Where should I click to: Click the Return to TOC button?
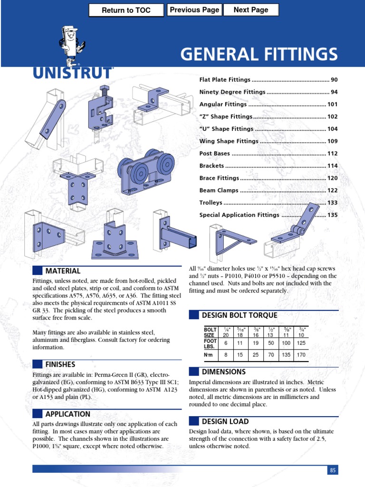tap(126, 10)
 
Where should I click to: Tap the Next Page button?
tap(251, 10)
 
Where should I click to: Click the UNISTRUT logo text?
tap(73, 73)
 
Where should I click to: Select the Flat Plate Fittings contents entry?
tap(225, 79)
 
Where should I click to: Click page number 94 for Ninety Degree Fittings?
tap(334, 92)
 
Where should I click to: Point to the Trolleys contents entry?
tap(211, 203)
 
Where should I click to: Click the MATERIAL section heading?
tap(63, 271)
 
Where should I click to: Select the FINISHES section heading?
tap(60, 364)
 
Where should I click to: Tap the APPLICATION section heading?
tap(67, 414)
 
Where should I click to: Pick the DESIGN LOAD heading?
tap(225, 421)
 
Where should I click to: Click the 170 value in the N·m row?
tap(300, 355)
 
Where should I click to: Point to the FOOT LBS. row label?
tap(210, 343)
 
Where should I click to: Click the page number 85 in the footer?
tap(333, 470)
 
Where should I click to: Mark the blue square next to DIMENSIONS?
tap(193, 372)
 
